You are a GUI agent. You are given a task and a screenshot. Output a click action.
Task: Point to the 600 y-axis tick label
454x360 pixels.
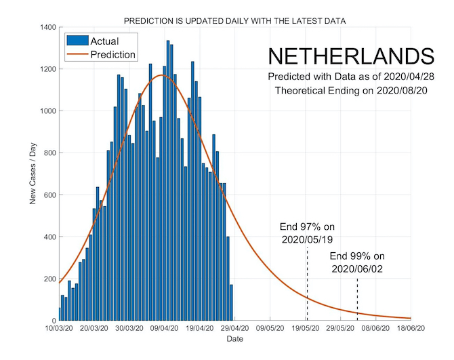pos(47,195)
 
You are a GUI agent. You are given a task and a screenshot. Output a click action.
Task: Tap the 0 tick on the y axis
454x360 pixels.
pos(52,321)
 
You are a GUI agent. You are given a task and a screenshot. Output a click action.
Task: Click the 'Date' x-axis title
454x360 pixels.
pos(235,338)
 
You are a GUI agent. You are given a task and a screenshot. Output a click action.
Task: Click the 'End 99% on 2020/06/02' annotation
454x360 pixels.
pos(357,262)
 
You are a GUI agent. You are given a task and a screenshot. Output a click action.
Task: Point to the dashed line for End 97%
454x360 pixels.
pos(307,285)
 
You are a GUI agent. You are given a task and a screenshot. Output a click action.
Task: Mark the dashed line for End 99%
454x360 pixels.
pos(357,298)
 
